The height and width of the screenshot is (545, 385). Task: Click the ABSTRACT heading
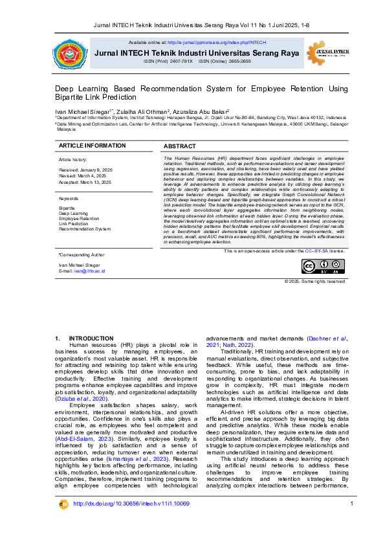click(x=180, y=147)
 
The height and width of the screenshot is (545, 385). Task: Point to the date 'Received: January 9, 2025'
click(x=85, y=169)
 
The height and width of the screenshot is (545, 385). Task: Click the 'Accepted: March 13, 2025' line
click(x=85, y=183)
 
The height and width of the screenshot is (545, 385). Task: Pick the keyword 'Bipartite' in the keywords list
click(x=67, y=208)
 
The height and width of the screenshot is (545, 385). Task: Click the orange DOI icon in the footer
click(x=63, y=522)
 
